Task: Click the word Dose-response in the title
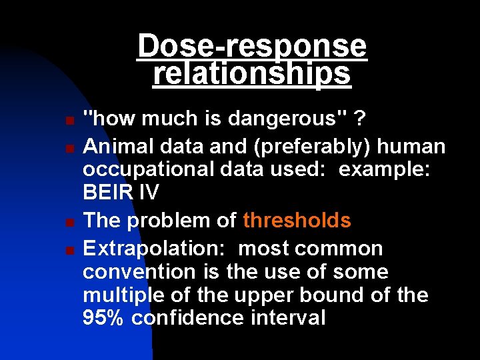(x=252, y=47)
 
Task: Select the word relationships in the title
(x=252, y=73)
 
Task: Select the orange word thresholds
(x=297, y=220)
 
